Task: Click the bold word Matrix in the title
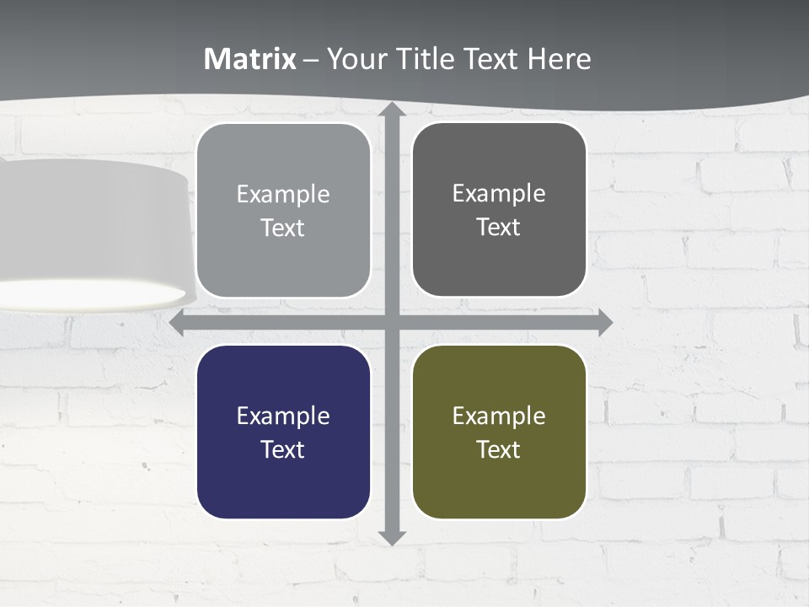click(250, 59)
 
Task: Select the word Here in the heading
click(560, 59)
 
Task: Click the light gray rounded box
click(283, 210)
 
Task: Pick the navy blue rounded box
click(283, 432)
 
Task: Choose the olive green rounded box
click(499, 432)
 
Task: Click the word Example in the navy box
click(283, 416)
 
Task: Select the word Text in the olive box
click(499, 449)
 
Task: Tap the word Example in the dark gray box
click(499, 194)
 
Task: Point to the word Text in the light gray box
click(283, 228)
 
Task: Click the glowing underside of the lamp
click(93, 294)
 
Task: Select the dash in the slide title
click(311, 60)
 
